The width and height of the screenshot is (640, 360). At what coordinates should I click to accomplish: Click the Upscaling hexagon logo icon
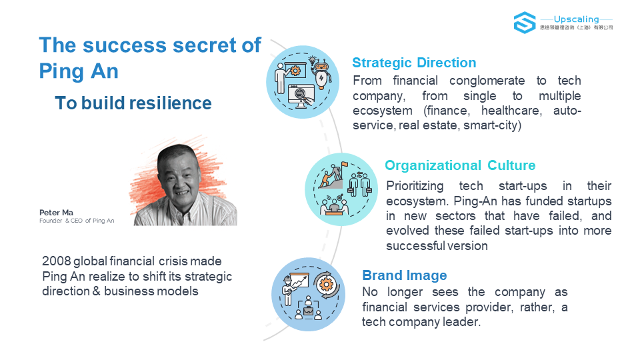(525, 23)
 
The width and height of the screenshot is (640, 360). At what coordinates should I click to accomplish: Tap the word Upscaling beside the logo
(576, 19)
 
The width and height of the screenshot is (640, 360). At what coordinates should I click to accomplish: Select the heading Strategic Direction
(414, 63)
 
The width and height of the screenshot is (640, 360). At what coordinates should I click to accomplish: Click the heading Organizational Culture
(460, 165)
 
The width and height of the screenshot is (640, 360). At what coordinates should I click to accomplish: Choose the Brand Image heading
(405, 275)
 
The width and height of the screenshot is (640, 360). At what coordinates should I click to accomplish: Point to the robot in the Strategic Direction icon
(321, 72)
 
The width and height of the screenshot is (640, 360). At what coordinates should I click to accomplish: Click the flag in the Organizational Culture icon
(345, 165)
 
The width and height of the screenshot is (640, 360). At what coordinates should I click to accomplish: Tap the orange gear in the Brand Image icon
(326, 284)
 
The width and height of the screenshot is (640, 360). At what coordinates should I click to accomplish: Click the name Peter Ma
(56, 213)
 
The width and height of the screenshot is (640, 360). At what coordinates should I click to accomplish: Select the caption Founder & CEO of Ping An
(77, 221)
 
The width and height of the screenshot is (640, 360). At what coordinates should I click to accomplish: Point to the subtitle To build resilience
(133, 103)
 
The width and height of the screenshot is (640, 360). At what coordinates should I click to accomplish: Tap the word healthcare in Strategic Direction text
(511, 111)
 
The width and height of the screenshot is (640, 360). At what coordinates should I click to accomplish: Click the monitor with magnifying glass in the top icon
(301, 96)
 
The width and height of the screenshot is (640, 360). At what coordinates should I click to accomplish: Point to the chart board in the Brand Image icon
(299, 281)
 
